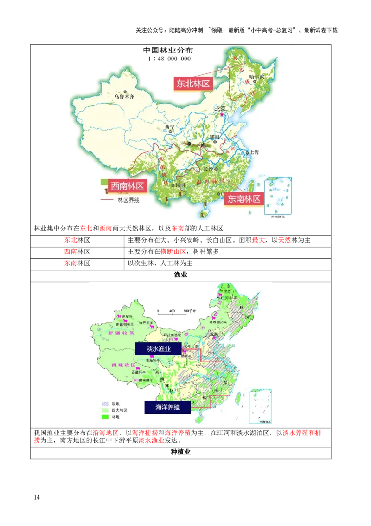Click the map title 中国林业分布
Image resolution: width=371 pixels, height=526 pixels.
tap(167, 50)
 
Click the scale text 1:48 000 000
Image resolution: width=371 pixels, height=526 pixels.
tap(169, 59)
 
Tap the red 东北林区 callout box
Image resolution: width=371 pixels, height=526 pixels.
tap(192, 84)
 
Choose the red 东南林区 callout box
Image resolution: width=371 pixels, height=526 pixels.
tap(243, 199)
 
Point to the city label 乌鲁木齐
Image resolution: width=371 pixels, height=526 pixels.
tap(124, 97)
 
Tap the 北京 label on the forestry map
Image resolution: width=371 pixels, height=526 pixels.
tap(220, 109)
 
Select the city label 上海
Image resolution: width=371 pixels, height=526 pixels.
tap(254, 152)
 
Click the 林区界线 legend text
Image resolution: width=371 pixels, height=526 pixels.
tap(128, 200)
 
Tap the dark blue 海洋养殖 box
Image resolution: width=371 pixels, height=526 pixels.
tap(161, 407)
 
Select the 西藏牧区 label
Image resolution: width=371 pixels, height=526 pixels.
tap(123, 365)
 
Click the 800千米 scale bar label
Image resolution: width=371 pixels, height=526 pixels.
tap(189, 311)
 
